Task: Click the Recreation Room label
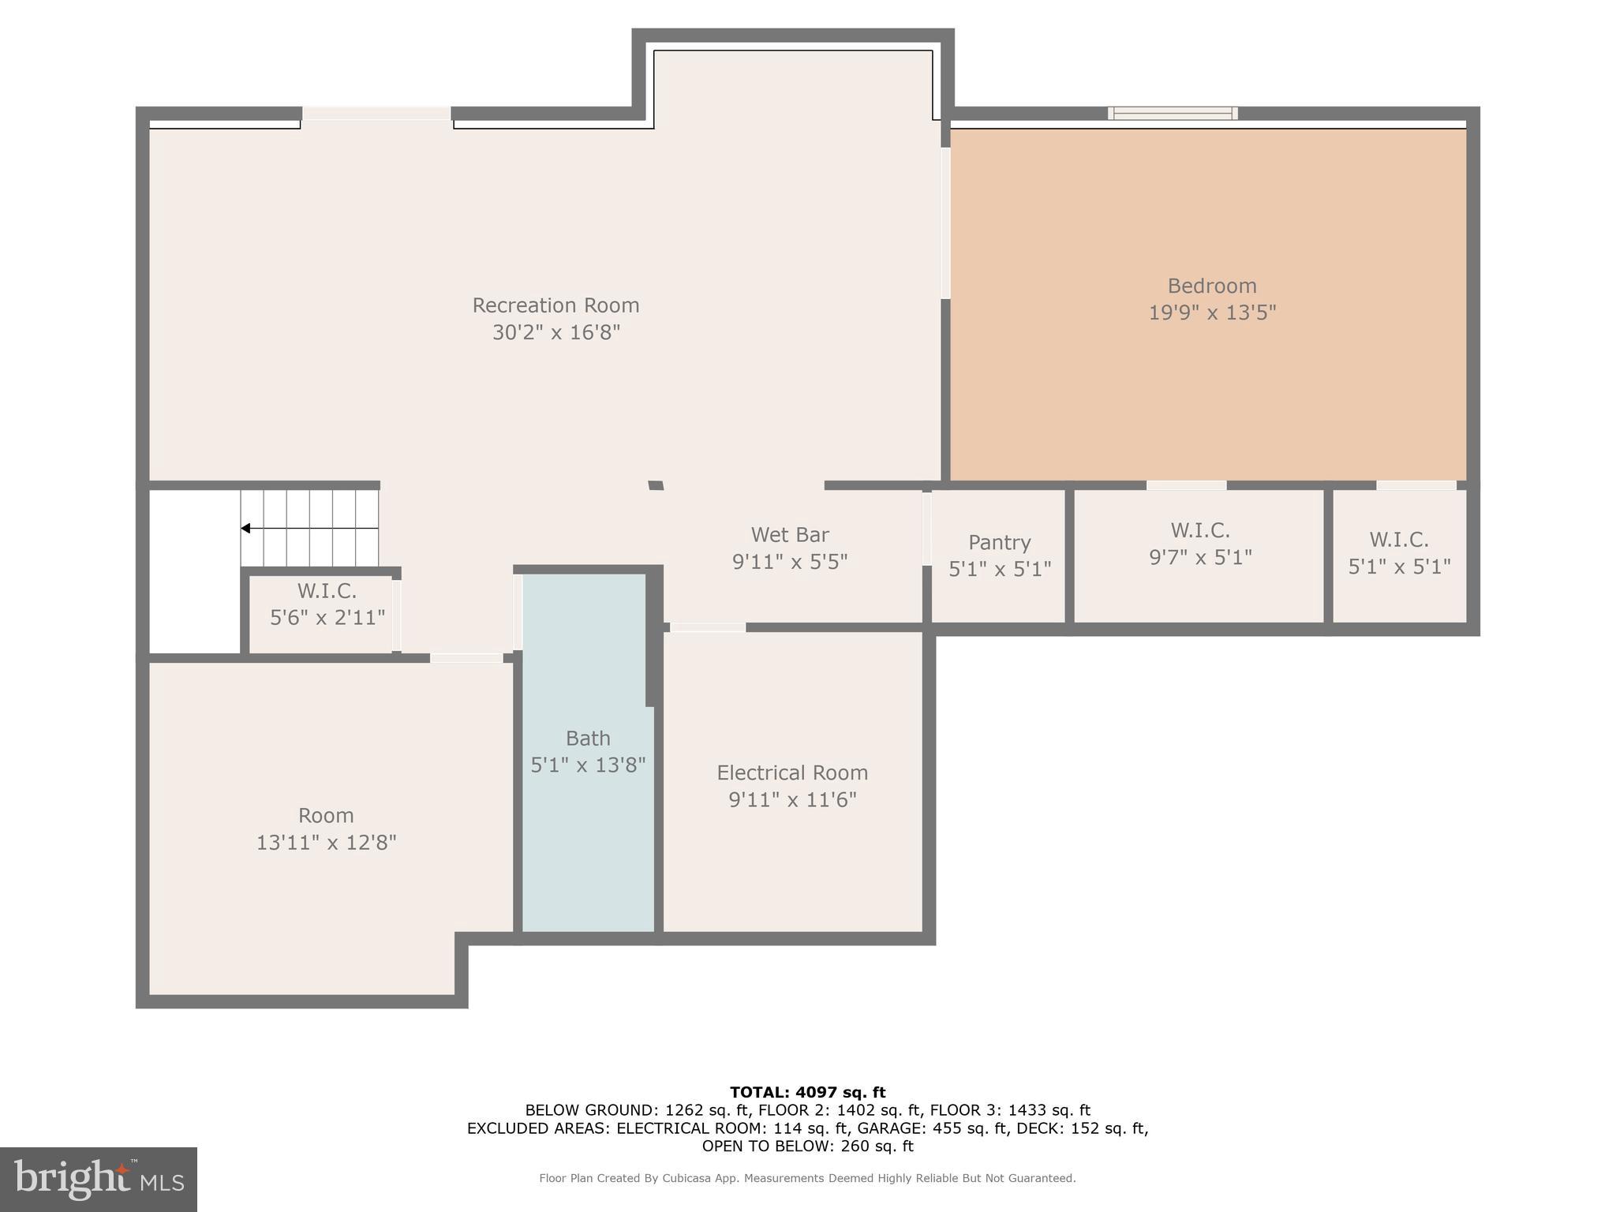pos(555,305)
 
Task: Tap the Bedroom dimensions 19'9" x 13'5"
pos(1212,312)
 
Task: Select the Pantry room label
pos(999,543)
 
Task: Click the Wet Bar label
pos(789,535)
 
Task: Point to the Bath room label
pos(588,739)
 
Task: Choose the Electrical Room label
pos(792,772)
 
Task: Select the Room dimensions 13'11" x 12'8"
pos(326,843)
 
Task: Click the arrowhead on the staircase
pos(246,529)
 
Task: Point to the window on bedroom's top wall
pos(1173,114)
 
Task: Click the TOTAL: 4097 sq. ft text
pos(807,1092)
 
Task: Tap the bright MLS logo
pos(99,1179)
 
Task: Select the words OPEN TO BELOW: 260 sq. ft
pos(807,1146)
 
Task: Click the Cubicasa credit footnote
pos(807,1178)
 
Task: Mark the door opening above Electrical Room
pos(708,628)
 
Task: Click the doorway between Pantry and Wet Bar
pos(926,528)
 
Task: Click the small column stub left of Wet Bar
pos(656,485)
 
